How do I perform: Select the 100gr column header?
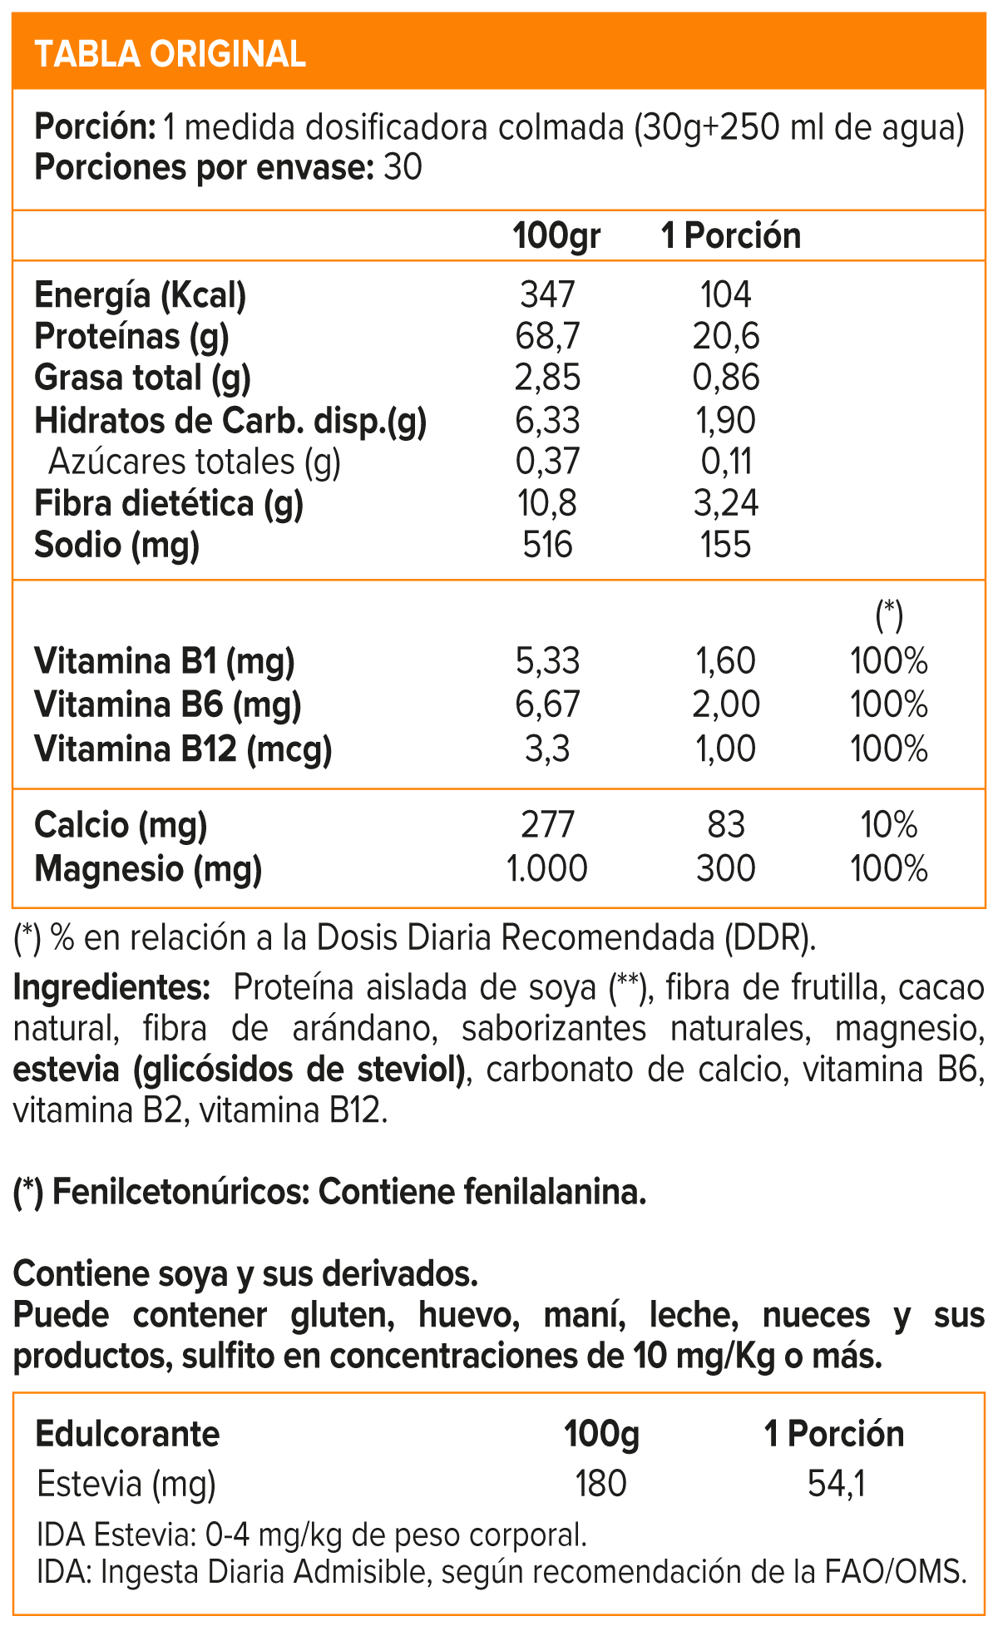pos(556,236)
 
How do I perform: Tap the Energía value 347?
pos(547,295)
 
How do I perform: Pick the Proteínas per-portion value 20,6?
pos(726,337)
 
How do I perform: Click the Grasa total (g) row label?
pos(142,378)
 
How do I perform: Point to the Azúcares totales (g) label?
pos(195,462)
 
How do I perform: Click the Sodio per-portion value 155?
pos(726,545)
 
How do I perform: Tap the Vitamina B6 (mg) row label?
pos(167,705)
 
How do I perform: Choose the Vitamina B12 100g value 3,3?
pos(547,749)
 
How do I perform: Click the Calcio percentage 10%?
pos(888,825)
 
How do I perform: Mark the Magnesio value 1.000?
pos(547,869)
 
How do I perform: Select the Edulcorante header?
pos(127,1434)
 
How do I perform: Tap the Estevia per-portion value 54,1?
pos(836,1484)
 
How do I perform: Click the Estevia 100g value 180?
pos(600,1484)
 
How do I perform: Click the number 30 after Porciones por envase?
pos(403,168)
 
